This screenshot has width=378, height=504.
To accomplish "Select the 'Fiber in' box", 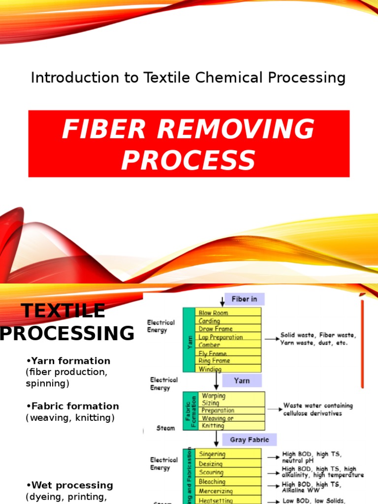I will coord(244,299).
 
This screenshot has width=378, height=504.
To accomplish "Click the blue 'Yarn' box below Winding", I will coord(242,380).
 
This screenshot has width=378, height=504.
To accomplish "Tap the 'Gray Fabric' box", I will coord(250,439).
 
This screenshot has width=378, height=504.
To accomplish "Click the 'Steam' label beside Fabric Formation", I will coord(165,428).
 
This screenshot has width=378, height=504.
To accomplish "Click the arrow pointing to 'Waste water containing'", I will coord(274,409).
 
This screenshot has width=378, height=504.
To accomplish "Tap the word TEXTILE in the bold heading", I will coord(63,311).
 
